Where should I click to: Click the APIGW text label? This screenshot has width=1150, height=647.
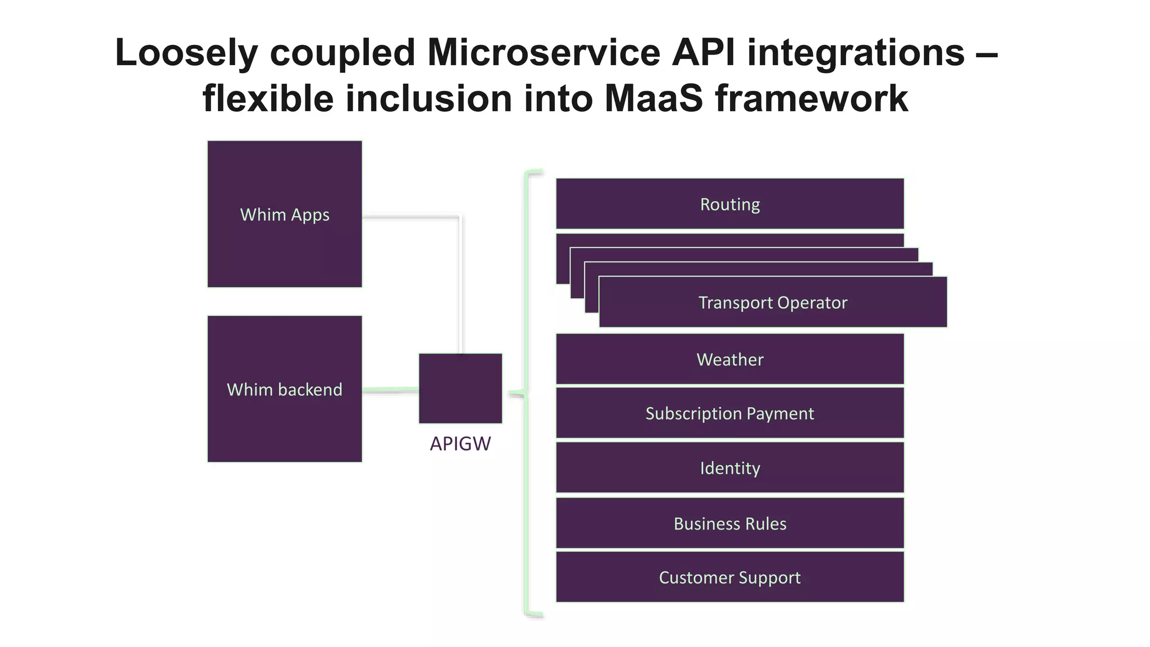coord(460,444)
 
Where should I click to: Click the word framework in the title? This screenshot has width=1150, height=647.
coord(811,98)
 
